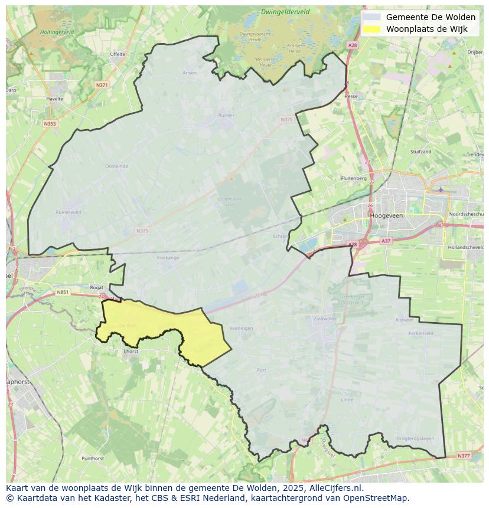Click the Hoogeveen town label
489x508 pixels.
click(386, 216)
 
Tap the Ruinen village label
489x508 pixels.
click(226, 116)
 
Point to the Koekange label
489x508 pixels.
click(168, 258)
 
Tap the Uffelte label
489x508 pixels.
click(118, 54)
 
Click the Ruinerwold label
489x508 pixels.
click(68, 212)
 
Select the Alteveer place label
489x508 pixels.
click(405, 320)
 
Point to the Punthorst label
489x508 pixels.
click(93, 458)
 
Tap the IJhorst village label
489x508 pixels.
click(130, 352)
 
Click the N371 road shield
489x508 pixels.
click(102, 85)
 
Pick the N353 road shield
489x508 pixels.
click(50, 123)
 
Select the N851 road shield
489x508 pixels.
click(63, 292)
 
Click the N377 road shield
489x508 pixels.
click(464, 455)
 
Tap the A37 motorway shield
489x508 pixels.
click(386, 241)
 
